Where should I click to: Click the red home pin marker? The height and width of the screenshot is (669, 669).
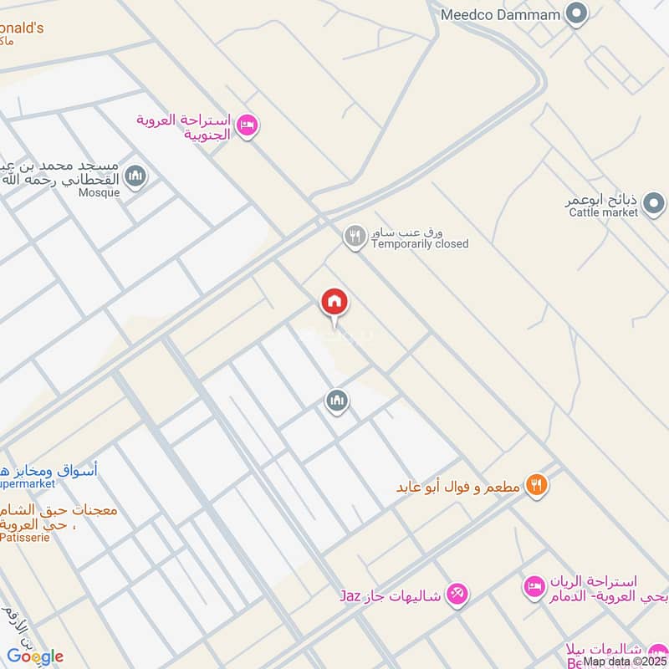(x=334, y=302)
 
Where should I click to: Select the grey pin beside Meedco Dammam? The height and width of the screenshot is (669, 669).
(x=576, y=14)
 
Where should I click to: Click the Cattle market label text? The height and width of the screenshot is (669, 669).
(x=603, y=212)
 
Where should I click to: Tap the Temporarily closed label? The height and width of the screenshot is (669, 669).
(x=420, y=244)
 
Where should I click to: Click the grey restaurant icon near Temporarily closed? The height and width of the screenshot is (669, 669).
(x=355, y=237)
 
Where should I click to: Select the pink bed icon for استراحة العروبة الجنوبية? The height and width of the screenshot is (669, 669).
(x=247, y=126)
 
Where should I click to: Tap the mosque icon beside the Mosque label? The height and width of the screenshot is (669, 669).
(x=135, y=176)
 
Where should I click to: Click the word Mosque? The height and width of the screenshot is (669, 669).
(x=100, y=192)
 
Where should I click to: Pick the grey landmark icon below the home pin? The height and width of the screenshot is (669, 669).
(x=336, y=401)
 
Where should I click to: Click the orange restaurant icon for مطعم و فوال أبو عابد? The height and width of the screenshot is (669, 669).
(x=537, y=484)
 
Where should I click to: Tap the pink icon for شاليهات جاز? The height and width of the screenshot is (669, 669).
(x=457, y=595)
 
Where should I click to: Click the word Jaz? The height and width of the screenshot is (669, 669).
(x=350, y=596)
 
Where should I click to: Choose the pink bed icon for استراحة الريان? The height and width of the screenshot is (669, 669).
(x=534, y=586)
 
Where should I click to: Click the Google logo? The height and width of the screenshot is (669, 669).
(x=35, y=656)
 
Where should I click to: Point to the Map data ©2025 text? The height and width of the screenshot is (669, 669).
(x=625, y=661)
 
